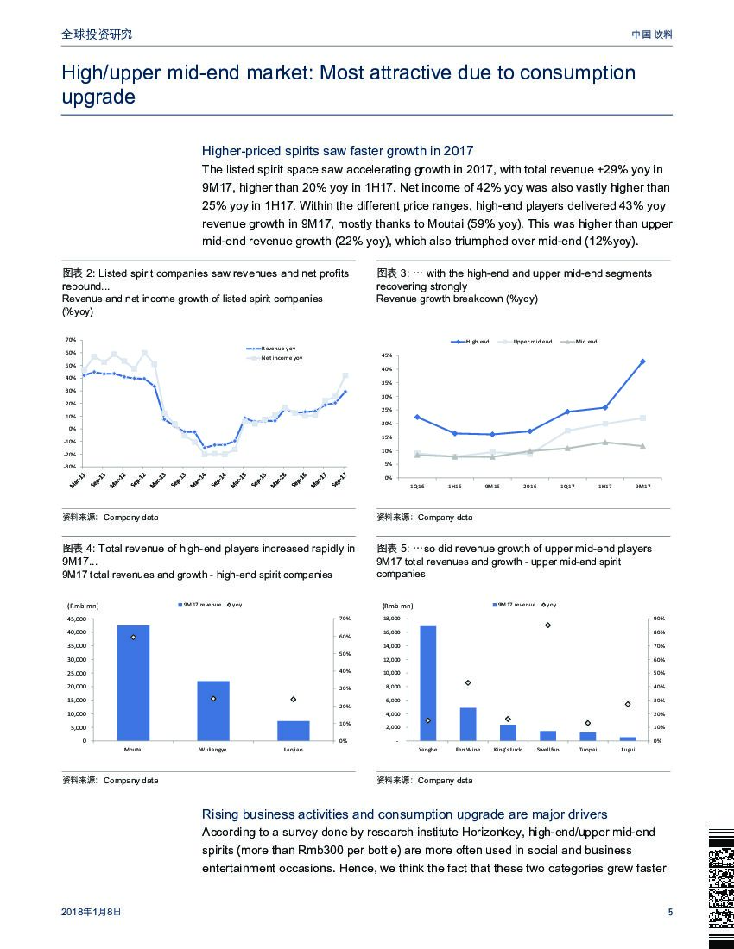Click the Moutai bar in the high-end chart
[x=133, y=682]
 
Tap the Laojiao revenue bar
[x=293, y=730]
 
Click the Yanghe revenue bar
[x=427, y=682]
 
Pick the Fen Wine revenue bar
[x=468, y=724]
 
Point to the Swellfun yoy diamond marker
[x=547, y=625]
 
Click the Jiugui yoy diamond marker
[x=628, y=704]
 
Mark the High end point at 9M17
[x=642, y=361]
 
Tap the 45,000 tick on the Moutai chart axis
[x=76, y=619]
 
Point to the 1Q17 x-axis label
[x=567, y=487]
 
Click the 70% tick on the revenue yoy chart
[x=71, y=340]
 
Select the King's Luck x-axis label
[x=508, y=749]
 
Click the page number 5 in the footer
[x=670, y=913]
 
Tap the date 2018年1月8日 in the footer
[x=92, y=913]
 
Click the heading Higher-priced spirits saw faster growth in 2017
[x=337, y=151]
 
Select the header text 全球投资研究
[x=97, y=35]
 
